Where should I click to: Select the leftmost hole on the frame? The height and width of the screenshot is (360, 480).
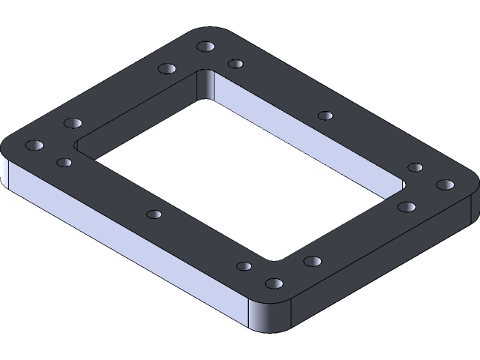34,144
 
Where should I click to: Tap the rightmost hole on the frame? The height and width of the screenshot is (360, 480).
445,184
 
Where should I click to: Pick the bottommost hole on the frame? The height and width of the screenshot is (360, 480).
274,283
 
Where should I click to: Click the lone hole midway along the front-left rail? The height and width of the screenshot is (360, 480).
154,214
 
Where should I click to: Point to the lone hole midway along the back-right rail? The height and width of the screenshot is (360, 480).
325,115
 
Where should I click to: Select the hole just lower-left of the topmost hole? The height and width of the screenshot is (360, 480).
167,69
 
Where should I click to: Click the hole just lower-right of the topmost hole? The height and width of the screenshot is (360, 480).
235,64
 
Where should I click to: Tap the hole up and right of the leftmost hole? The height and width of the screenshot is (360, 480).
73,122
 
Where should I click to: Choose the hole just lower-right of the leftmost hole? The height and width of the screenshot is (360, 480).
64,162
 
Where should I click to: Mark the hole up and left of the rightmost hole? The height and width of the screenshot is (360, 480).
415,167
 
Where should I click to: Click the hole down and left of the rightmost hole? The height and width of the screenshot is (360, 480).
406,206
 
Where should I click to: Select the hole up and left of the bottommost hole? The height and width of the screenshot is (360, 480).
244,266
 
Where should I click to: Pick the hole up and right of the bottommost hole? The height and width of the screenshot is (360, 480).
313,261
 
